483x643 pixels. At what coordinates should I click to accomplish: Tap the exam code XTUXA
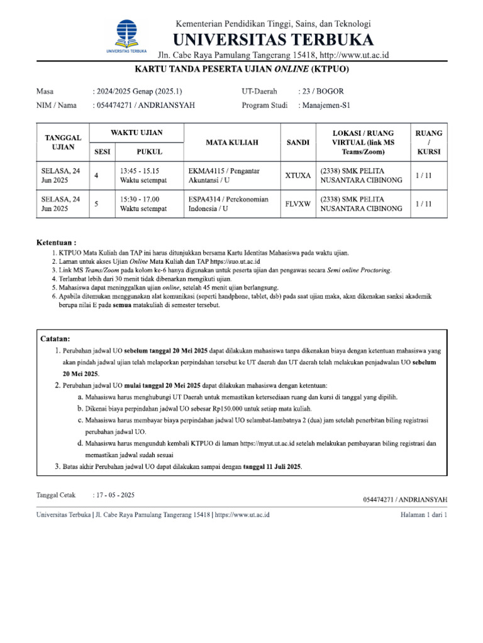(x=297, y=176)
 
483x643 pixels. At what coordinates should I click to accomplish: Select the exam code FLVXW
(x=297, y=204)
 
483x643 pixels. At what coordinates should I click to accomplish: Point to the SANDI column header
(x=297, y=143)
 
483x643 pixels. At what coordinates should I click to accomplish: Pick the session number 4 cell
(x=96, y=176)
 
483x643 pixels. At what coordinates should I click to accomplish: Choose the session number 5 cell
(x=96, y=204)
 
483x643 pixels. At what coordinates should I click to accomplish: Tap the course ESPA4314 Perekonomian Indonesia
(x=228, y=204)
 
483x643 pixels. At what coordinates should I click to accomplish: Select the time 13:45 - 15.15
(x=139, y=171)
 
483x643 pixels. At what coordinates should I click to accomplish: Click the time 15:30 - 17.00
(x=139, y=199)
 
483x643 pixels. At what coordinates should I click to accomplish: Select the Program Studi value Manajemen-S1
(x=327, y=105)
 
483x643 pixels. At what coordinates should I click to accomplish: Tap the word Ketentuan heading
(x=56, y=242)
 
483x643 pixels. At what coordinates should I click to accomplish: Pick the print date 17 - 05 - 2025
(x=116, y=495)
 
